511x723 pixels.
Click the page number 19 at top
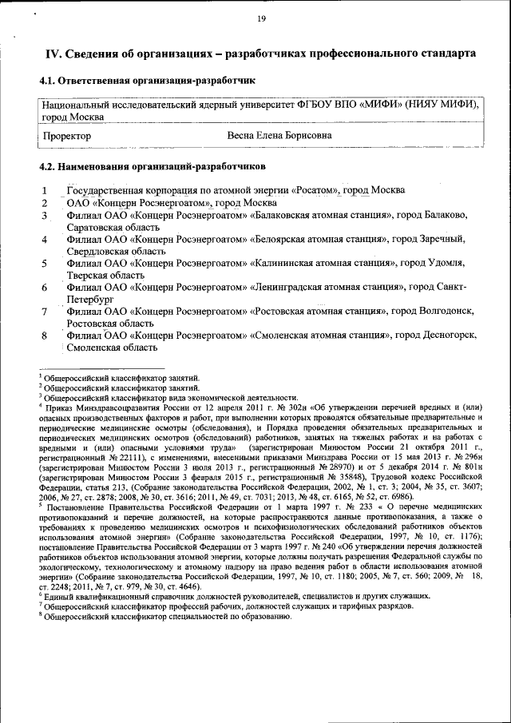260,20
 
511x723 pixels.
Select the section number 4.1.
50,81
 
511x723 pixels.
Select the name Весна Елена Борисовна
279,136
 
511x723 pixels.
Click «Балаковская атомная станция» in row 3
319,215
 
